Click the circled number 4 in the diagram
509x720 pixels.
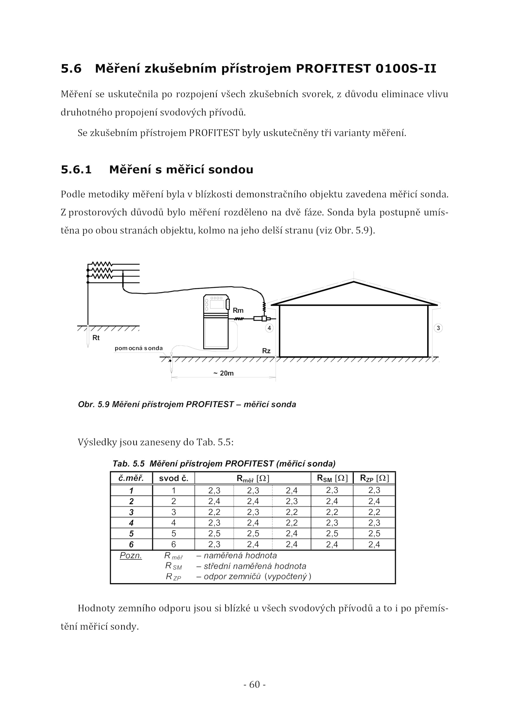(x=269, y=328)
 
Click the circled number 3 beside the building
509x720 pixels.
(x=438, y=328)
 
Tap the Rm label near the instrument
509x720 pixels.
(x=238, y=310)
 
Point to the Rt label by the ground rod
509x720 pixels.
(x=96, y=338)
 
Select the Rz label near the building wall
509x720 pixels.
(x=266, y=351)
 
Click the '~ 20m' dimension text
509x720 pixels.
(x=224, y=373)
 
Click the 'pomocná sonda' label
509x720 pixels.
(x=139, y=348)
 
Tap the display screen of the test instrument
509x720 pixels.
(x=217, y=304)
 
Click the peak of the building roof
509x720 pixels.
(x=353, y=282)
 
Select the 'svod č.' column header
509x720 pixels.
(x=174, y=478)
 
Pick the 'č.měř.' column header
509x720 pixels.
(x=131, y=478)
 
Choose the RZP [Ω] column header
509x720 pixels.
(x=374, y=478)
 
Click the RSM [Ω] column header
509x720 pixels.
(x=332, y=478)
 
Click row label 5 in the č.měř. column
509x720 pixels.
(x=131, y=534)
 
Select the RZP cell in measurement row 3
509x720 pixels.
(x=374, y=512)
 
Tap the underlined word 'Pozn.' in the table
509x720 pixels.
(x=131, y=556)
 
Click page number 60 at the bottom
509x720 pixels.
(x=254, y=684)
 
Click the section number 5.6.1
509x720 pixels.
(x=76, y=170)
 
